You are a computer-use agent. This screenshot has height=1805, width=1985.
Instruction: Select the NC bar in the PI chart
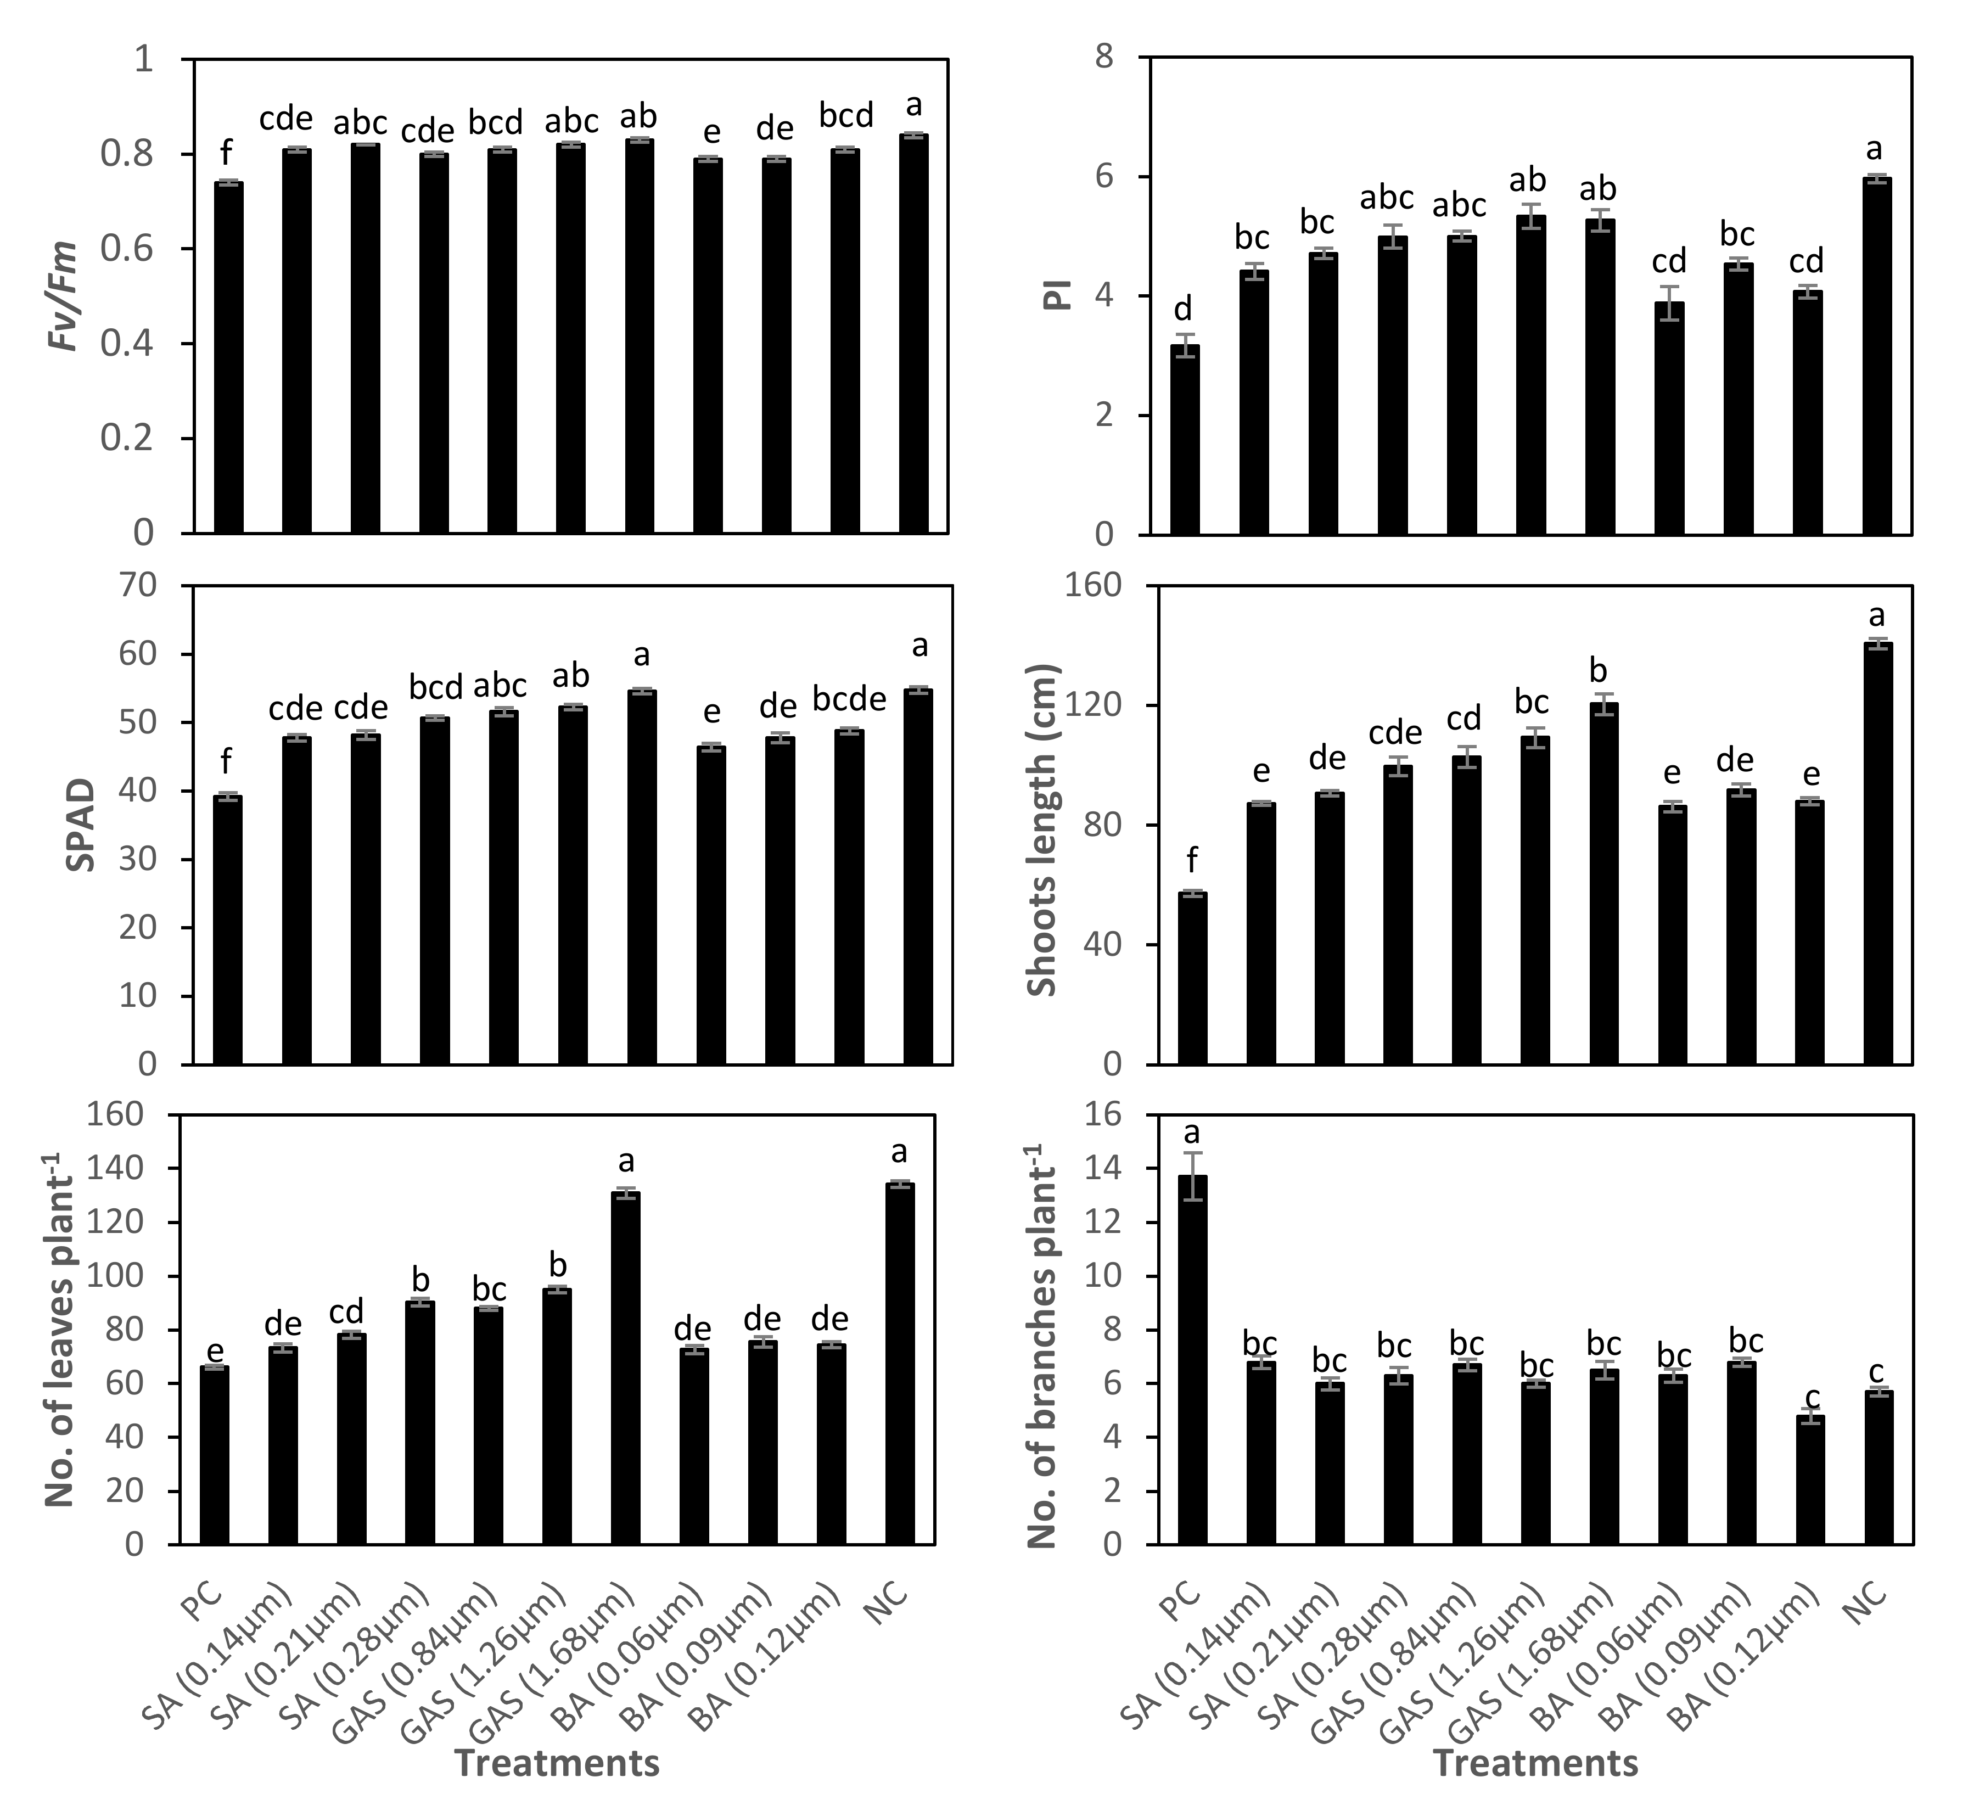1877,356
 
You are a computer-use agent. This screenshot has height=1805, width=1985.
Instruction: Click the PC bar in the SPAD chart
228,929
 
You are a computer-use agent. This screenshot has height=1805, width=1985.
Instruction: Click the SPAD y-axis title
81,825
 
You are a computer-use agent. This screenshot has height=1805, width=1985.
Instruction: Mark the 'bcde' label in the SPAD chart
849,699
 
